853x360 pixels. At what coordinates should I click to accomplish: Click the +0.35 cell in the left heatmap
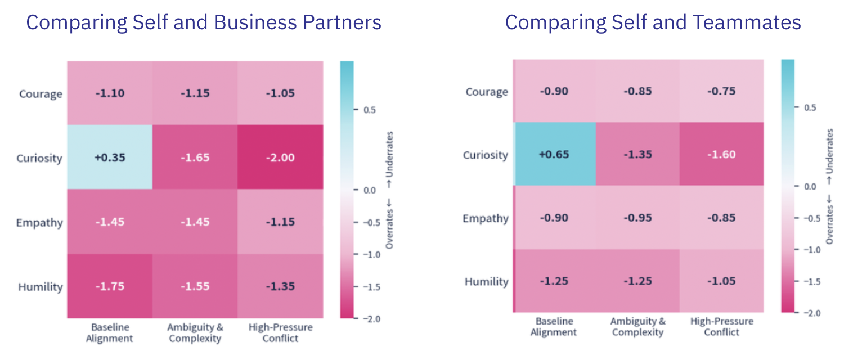(x=110, y=157)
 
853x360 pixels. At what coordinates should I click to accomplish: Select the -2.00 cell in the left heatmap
(x=280, y=157)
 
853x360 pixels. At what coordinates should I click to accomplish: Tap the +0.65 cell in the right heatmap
(x=554, y=154)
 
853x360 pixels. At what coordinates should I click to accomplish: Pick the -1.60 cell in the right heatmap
(x=722, y=154)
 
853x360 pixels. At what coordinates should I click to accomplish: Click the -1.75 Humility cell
(x=110, y=286)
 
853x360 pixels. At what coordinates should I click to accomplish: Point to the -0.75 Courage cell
(x=722, y=91)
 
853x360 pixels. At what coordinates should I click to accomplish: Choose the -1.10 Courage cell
(x=110, y=93)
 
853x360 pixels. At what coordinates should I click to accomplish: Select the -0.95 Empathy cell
(x=638, y=217)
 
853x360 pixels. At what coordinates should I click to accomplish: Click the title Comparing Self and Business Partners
(x=204, y=22)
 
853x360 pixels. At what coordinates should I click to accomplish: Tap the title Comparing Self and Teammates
(x=653, y=22)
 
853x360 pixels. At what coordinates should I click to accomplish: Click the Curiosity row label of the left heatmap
(x=39, y=158)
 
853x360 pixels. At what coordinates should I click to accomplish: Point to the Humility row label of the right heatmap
(x=486, y=282)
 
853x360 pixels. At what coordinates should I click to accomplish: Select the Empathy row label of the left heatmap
(x=39, y=223)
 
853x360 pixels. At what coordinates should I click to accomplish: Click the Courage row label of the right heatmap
(x=487, y=92)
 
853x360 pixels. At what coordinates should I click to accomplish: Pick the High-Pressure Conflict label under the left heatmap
(x=281, y=332)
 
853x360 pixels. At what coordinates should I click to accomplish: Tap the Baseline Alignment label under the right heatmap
(x=554, y=326)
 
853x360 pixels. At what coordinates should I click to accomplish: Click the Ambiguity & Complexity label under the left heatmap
(x=195, y=332)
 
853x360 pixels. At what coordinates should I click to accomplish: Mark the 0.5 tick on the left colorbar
(x=369, y=110)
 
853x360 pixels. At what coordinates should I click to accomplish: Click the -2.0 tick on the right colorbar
(x=812, y=313)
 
